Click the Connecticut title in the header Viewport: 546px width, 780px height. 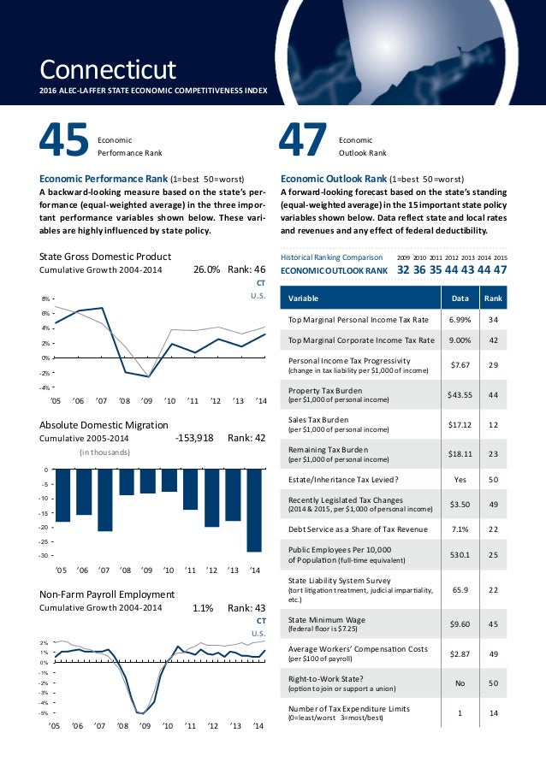(108, 68)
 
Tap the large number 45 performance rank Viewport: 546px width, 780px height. (63, 143)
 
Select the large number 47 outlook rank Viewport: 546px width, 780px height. (304, 143)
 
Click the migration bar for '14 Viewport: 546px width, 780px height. (254, 511)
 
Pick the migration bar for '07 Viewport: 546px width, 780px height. (105, 500)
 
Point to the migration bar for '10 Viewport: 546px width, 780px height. (169, 481)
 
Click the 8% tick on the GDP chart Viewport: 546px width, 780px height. (45, 299)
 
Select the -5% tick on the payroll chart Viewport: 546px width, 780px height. (45, 712)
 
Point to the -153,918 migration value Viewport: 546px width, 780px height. (194, 437)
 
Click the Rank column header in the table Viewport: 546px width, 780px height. (493, 298)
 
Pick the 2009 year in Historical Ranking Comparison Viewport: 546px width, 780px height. (404, 256)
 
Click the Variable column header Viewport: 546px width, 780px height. (304, 298)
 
